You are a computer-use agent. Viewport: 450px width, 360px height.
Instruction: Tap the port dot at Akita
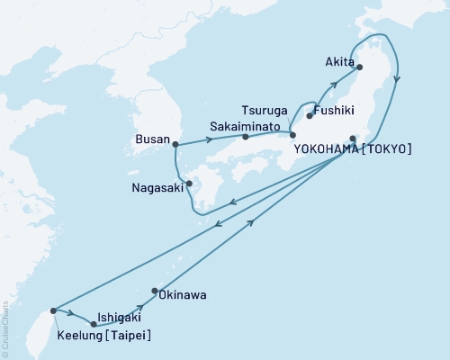(359, 67)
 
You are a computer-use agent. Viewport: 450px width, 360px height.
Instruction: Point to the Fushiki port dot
(310, 116)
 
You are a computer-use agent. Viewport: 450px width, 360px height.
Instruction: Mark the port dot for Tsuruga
(292, 135)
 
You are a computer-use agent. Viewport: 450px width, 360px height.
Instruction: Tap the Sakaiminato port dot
(245, 138)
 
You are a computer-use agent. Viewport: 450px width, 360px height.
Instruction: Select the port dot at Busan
(175, 143)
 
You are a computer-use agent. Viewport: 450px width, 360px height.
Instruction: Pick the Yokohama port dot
(353, 138)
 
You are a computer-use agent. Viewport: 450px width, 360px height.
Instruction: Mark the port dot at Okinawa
(156, 290)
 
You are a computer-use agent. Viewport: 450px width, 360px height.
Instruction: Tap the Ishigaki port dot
(93, 324)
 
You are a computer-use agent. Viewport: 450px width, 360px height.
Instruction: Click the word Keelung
(81, 337)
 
